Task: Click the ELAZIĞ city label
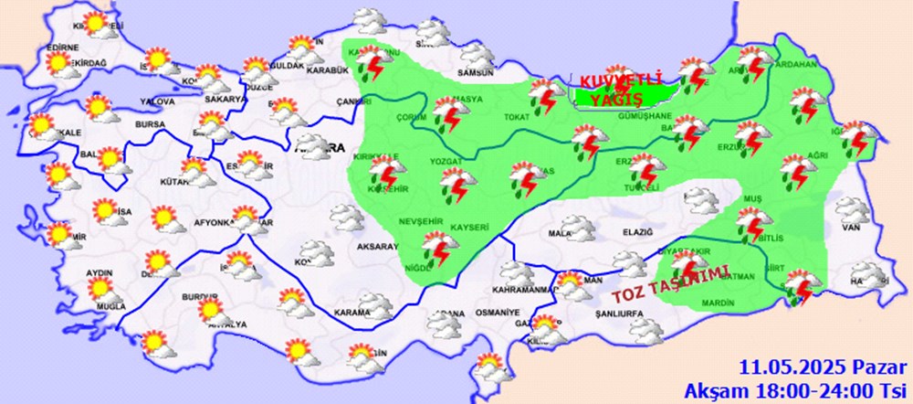(637, 232)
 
